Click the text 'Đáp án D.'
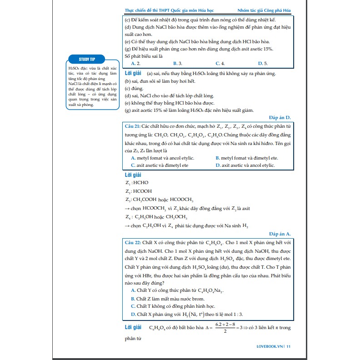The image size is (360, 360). tap(280, 117)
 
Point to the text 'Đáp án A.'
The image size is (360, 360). tap(280, 234)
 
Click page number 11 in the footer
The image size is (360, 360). tap(289, 347)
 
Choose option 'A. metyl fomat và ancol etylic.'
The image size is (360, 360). tap(162, 158)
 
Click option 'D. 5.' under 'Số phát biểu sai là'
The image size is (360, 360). tap(263, 64)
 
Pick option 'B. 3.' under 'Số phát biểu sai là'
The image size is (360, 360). tap(178, 64)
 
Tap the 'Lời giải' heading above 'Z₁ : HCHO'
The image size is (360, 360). tap(133, 174)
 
